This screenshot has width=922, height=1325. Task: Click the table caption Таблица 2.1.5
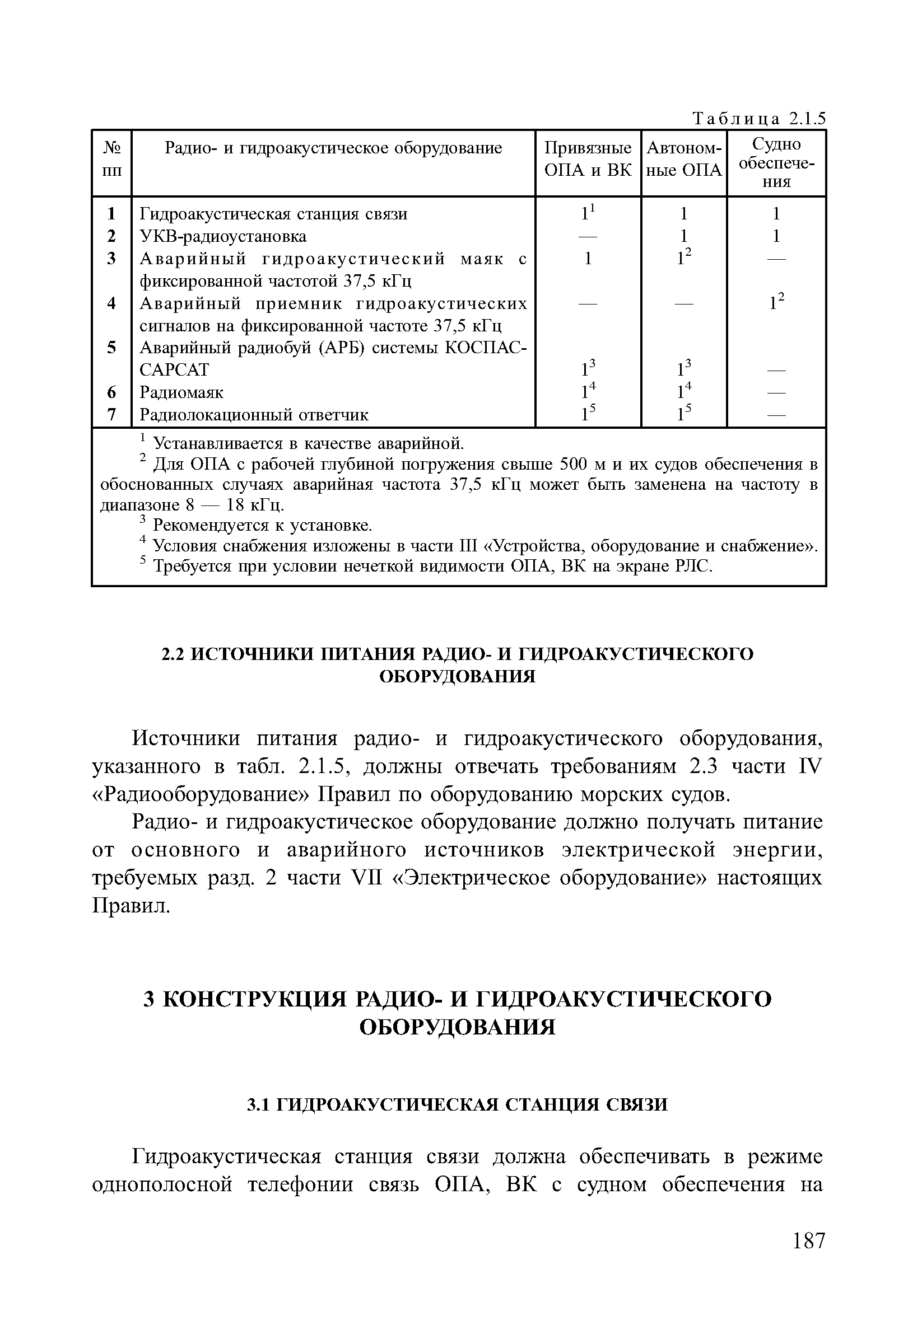[758, 119]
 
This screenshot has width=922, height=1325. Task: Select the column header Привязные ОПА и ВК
[588, 160]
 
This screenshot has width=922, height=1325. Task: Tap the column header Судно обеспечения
[776, 163]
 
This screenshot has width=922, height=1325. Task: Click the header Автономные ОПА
[683, 160]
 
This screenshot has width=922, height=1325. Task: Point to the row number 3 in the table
[111, 259]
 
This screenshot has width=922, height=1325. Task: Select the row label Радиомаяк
[181, 392]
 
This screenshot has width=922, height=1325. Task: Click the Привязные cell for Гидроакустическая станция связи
[587, 213]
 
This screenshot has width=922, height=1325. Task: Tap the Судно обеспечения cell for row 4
[776, 302]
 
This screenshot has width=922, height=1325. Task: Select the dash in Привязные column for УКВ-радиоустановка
[588, 237]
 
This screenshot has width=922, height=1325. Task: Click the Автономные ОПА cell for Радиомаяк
[683, 392]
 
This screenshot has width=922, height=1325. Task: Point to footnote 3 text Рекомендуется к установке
[263, 526]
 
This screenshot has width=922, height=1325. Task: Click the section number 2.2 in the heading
[173, 654]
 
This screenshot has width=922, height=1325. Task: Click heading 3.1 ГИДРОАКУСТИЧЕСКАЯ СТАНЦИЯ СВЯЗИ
[457, 1104]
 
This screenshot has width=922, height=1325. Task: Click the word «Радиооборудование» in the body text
[201, 795]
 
